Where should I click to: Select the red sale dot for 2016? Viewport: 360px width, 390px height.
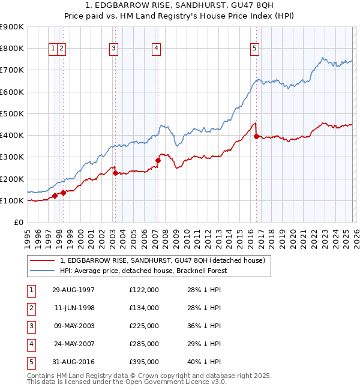(257, 136)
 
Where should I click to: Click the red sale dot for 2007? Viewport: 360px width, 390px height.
(158, 160)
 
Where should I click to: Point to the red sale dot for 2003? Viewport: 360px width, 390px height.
(115, 173)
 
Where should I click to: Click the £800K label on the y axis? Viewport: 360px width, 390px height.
(11, 49)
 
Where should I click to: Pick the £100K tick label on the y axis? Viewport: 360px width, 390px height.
(11, 200)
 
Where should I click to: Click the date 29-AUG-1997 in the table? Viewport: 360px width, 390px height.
(73, 290)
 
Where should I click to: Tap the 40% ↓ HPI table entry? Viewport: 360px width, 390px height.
(203, 362)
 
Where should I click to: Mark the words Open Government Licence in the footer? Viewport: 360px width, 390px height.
(178, 382)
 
